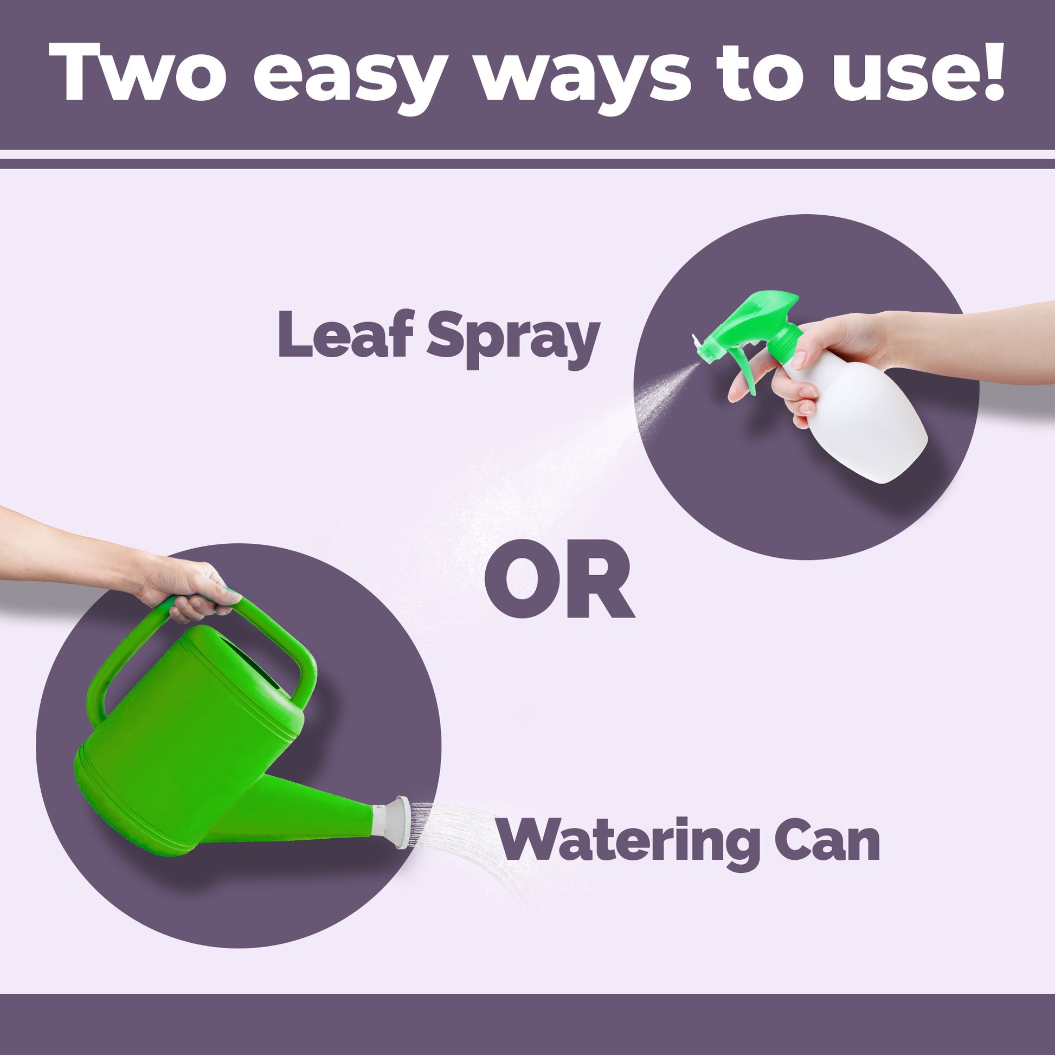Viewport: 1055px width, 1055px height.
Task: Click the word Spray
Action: pyautogui.click(x=513, y=339)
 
